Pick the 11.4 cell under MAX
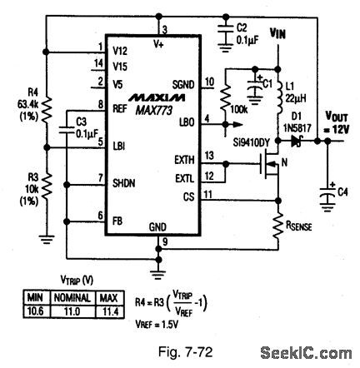(x=109, y=310)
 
